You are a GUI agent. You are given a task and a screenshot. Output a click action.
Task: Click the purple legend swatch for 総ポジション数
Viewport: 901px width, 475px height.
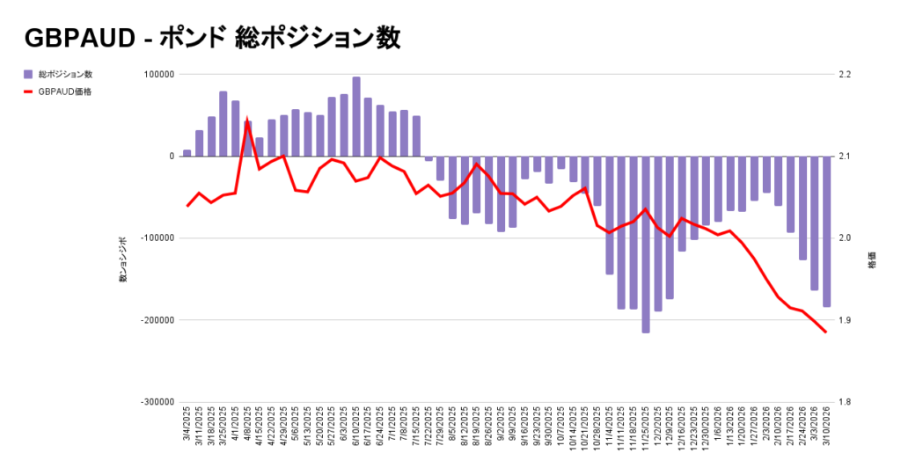28,74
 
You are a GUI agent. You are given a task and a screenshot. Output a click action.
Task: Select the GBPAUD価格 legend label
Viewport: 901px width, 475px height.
65,91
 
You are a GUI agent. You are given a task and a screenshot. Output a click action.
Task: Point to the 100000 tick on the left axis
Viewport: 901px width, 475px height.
159,74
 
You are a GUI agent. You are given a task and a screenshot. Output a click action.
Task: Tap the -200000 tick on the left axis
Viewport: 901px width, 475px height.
156,320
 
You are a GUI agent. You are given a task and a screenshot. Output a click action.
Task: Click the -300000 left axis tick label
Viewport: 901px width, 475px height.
156,402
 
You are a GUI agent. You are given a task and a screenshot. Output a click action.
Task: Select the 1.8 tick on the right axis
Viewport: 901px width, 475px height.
844,402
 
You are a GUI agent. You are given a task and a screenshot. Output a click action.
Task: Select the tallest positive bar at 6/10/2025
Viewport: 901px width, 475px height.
356,116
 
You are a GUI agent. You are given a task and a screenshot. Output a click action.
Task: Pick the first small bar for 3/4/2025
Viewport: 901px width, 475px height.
187,153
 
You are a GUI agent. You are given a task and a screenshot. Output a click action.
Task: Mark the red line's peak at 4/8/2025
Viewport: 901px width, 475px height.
247,121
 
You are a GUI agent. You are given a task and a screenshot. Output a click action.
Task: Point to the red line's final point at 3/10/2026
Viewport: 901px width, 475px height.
825,332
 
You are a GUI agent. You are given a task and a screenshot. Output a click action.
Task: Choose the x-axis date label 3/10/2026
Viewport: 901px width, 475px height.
826,426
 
